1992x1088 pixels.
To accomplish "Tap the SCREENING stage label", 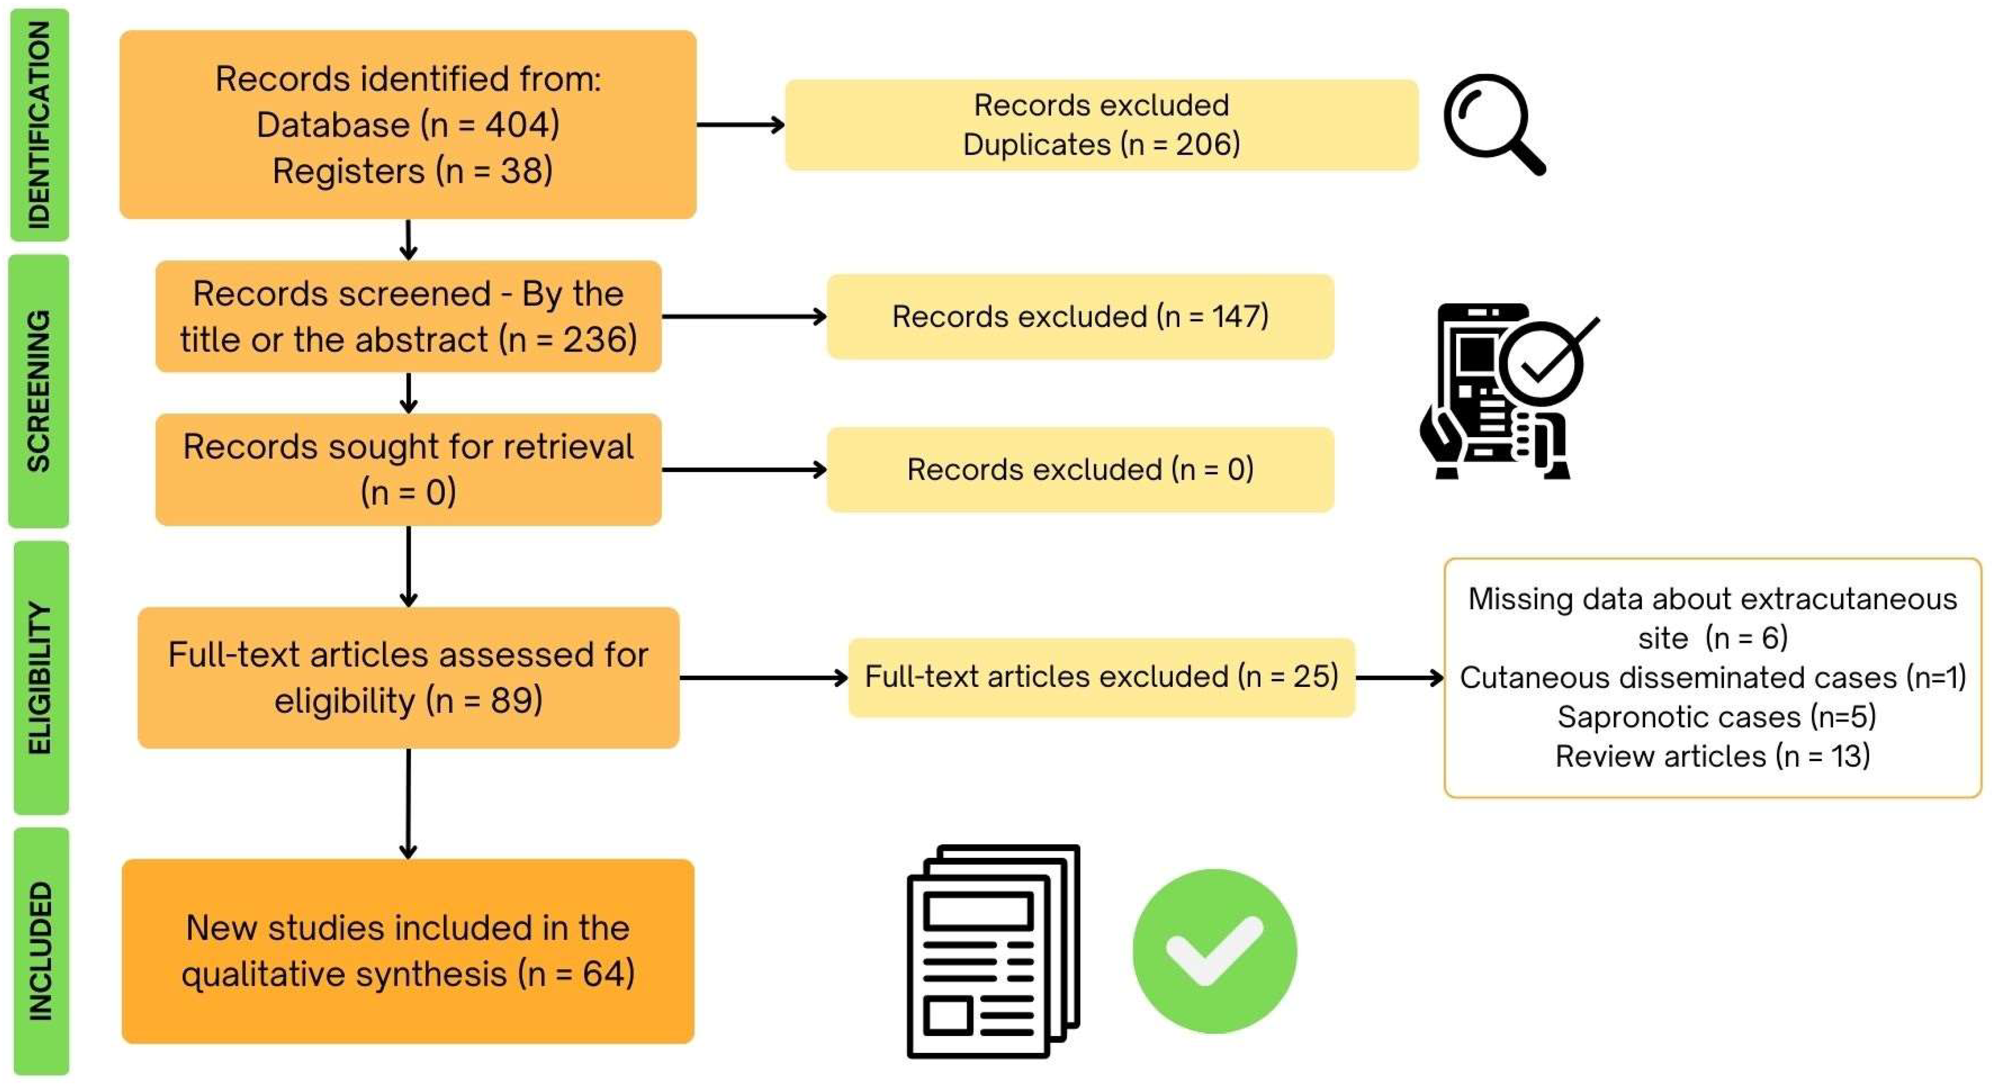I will pyautogui.click(x=39, y=391).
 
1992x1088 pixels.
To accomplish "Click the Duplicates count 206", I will pyautogui.click(x=1206, y=145).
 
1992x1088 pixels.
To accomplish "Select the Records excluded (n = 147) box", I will pyautogui.click(x=1080, y=316).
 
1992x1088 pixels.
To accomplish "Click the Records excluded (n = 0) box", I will pyautogui.click(x=1080, y=469).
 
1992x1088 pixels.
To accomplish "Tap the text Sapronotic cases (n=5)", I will pyautogui.click(x=1716, y=717).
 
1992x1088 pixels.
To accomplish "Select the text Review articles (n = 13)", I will pyautogui.click(x=1712, y=756).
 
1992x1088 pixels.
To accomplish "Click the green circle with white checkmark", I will pyautogui.click(x=1214, y=951).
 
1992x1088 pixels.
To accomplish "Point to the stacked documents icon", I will pyautogui.click(x=993, y=951).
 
